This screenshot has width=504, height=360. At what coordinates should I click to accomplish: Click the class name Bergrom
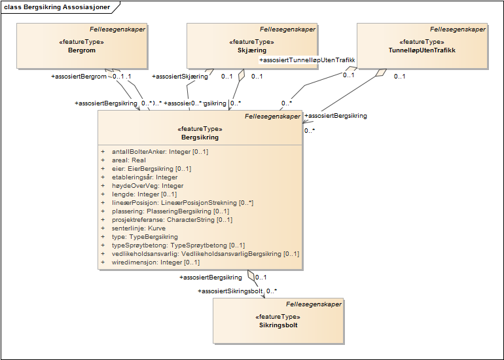[x=81, y=50]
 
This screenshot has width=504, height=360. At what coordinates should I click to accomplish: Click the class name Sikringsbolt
[x=278, y=325]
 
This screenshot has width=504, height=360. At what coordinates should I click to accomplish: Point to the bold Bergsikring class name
[x=200, y=137]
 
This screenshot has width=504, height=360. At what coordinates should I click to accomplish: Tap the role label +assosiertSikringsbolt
[x=230, y=291]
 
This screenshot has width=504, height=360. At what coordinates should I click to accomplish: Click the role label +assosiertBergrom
[x=79, y=77]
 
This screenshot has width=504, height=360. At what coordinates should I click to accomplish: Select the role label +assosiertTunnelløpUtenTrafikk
[x=307, y=60]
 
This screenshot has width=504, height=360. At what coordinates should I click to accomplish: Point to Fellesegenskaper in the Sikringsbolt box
[x=314, y=304]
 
